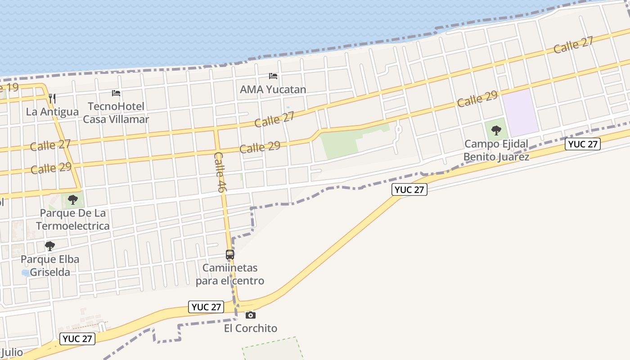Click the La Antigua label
pyautogui.click(x=52, y=112)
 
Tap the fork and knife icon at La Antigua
pyautogui.click(x=52, y=98)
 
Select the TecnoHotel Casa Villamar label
pyautogui.click(x=116, y=113)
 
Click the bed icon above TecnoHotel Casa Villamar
pyautogui.click(x=116, y=93)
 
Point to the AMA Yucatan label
pyautogui.click(x=273, y=89)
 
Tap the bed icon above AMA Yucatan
pyautogui.click(x=273, y=76)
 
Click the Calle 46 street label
pyautogui.click(x=220, y=172)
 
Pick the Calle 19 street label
pyautogui.click(x=9, y=87)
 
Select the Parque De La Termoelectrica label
pyautogui.click(x=72, y=219)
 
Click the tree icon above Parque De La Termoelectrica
pyautogui.click(x=72, y=200)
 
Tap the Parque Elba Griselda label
pyautogui.click(x=50, y=265)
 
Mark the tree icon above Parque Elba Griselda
pyautogui.click(x=50, y=246)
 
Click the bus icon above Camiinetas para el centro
pyautogui.click(x=230, y=255)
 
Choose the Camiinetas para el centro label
pyautogui.click(x=230, y=274)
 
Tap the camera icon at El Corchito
pyautogui.click(x=251, y=315)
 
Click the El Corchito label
pyautogui.click(x=251, y=328)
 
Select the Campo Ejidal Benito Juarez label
pyautogui.click(x=496, y=150)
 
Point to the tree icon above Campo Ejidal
pyautogui.click(x=496, y=130)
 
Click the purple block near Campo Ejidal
pyautogui.click(x=520, y=112)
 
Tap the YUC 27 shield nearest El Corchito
pyautogui.click(x=207, y=307)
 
